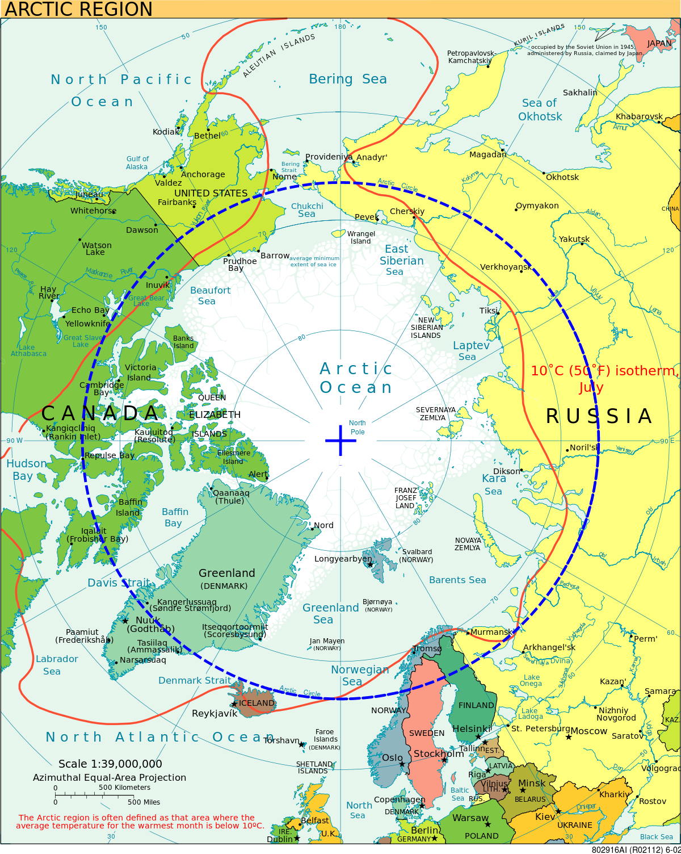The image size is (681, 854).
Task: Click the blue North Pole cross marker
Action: pyautogui.click(x=340, y=440)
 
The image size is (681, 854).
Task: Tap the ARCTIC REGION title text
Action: pyautogui.click(x=79, y=9)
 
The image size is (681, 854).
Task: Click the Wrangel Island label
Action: pyautogui.click(x=361, y=237)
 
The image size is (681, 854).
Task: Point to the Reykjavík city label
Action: pyautogui.click(x=215, y=714)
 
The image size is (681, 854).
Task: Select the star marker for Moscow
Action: pyautogui.click(x=569, y=737)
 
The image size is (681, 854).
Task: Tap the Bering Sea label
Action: pyautogui.click(x=348, y=79)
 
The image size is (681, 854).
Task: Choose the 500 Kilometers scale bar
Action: pyautogui.click(x=92, y=794)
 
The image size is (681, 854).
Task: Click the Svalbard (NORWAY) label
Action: pyautogui.click(x=417, y=555)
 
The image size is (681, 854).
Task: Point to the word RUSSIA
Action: pyautogui.click(x=599, y=416)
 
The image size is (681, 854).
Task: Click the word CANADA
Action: pyautogui.click(x=100, y=413)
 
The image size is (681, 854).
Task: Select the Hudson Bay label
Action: pyautogui.click(x=26, y=470)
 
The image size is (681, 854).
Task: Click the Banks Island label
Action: pyautogui.click(x=183, y=342)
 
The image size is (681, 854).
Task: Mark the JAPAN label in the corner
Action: pyautogui.click(x=659, y=43)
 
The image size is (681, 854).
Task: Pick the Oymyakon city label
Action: pyautogui.click(x=537, y=206)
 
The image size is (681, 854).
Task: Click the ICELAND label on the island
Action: pyautogui.click(x=257, y=703)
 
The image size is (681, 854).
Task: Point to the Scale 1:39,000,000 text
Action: pyautogui.click(x=110, y=764)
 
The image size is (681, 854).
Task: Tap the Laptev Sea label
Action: pyautogui.click(x=470, y=350)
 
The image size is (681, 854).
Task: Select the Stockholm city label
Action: pyautogui.click(x=438, y=753)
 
